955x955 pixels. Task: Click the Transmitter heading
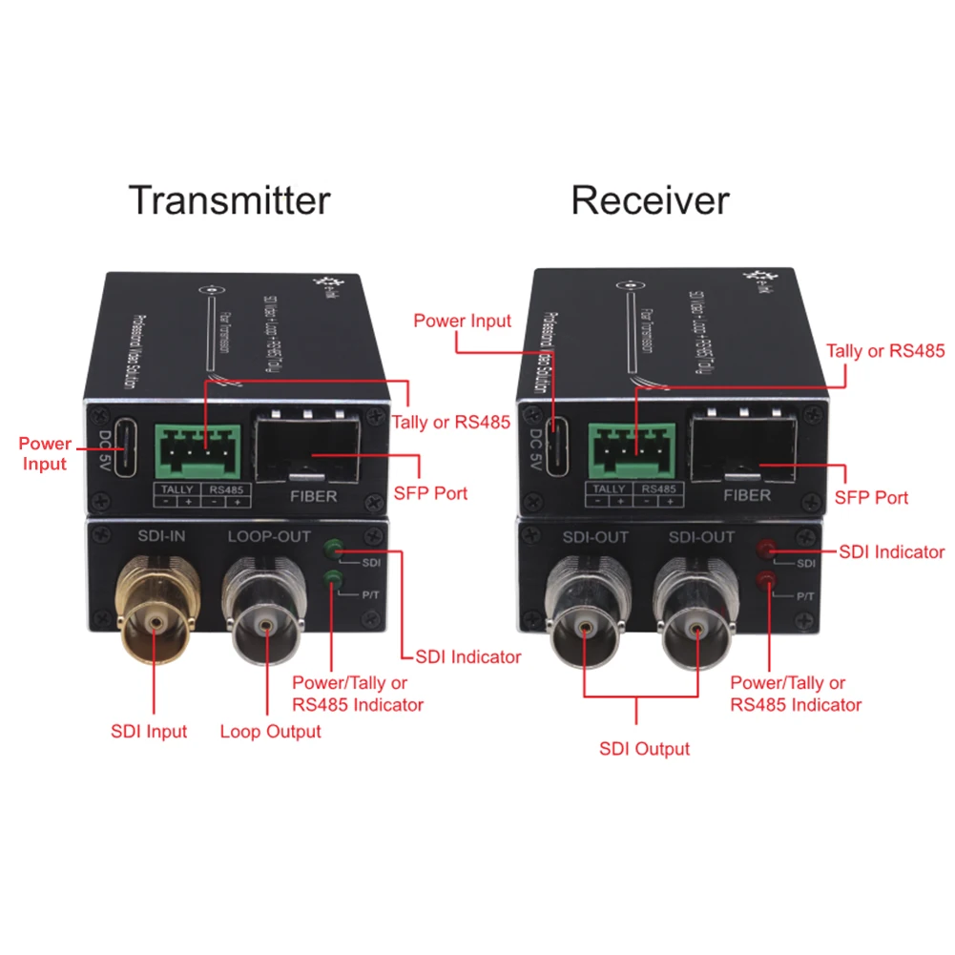click(x=229, y=200)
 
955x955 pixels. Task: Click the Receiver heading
click(x=650, y=200)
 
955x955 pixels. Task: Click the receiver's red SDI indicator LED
click(x=765, y=550)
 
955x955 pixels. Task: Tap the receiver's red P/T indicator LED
click(x=764, y=579)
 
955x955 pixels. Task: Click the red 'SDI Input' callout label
click(x=149, y=732)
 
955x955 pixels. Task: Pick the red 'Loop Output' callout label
click(x=270, y=732)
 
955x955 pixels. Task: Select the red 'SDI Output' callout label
click(x=644, y=749)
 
